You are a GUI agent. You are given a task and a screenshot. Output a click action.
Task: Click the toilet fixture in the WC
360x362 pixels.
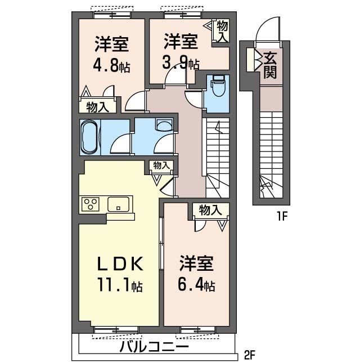pyautogui.click(x=218, y=87)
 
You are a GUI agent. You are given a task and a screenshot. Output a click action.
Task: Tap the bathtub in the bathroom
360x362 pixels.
pyautogui.click(x=89, y=137)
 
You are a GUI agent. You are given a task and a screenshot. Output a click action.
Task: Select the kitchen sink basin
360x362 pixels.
pyautogui.click(x=118, y=204)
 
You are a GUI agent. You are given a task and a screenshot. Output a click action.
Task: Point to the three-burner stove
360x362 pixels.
pyautogui.click(x=89, y=204)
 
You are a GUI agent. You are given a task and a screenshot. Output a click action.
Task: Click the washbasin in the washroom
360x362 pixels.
pyautogui.click(x=164, y=126)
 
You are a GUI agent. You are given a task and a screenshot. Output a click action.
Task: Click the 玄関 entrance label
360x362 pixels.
pyautogui.click(x=270, y=65)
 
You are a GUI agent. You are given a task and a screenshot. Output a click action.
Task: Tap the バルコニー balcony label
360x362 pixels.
pyautogui.click(x=155, y=346)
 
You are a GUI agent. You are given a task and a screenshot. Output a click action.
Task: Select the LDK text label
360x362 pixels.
pyautogui.click(x=120, y=264)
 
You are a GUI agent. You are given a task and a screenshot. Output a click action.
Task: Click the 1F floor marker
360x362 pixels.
pyautogui.click(x=282, y=217)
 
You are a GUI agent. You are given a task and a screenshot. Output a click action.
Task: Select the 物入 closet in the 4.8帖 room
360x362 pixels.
pyautogui.click(x=97, y=106)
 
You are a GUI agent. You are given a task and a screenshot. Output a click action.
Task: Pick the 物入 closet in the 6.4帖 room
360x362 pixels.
pyautogui.click(x=210, y=210)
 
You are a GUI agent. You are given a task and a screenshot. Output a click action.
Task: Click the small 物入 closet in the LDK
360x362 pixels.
pyautogui.click(x=161, y=165)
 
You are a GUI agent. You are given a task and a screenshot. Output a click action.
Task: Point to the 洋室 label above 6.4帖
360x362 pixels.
pyautogui.click(x=196, y=263)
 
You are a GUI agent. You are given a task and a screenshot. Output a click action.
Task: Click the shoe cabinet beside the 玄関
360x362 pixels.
pyautogui.click(x=250, y=60)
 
